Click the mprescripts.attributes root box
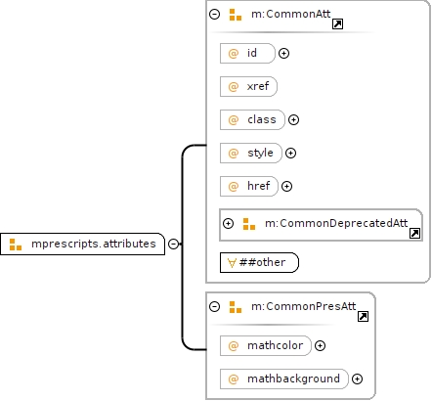83,244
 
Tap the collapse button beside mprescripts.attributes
174,244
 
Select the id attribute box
247,53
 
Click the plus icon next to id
284,53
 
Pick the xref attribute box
248,86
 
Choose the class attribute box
252,119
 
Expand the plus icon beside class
294,119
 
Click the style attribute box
251,153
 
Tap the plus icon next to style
290,153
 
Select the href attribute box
249,186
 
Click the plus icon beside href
286,186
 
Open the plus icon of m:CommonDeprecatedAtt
228,223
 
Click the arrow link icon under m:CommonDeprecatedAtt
414,234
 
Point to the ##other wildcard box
259,262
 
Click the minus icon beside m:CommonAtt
214,14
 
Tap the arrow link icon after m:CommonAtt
337,24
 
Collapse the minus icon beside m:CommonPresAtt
214,306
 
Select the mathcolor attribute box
266,345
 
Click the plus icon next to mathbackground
358,379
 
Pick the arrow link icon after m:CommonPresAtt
363,317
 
